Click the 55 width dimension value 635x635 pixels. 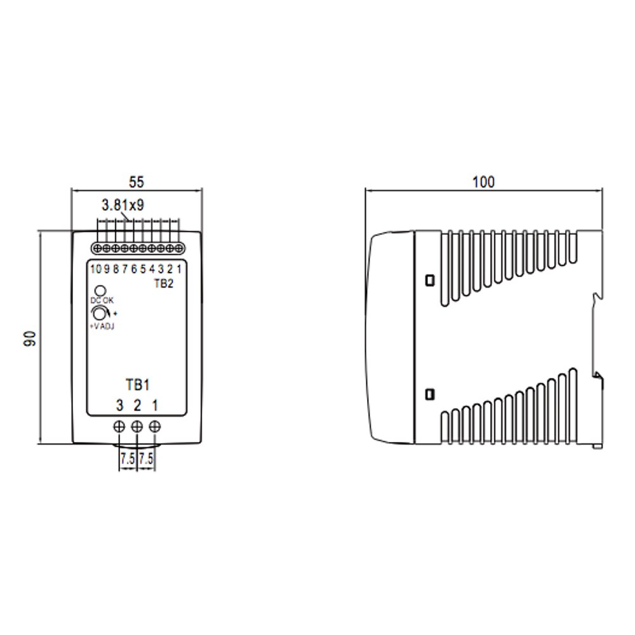coord(137,182)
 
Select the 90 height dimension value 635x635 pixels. coord(30,338)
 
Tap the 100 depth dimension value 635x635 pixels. coord(483,182)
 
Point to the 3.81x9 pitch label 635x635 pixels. coord(123,205)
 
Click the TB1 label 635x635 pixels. coord(138,385)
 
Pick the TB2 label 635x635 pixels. coord(164,283)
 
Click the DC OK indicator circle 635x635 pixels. coord(100,291)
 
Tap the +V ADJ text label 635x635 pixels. coord(102,326)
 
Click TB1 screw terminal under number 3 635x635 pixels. coord(119,427)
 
